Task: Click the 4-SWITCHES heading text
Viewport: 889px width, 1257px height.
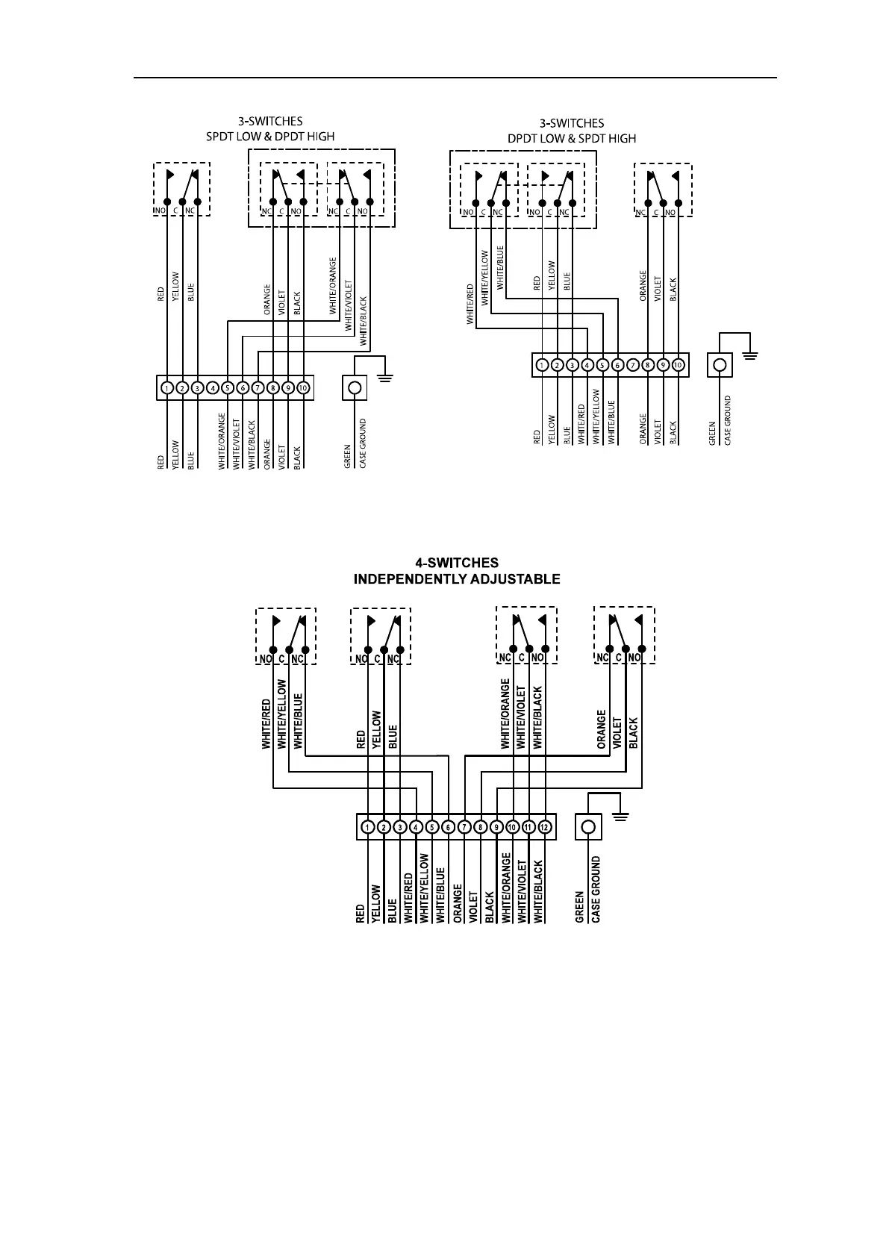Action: coord(456,563)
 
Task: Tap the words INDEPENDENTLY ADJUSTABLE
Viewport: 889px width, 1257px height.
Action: coord(456,579)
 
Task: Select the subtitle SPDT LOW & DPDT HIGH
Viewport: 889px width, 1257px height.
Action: coord(270,137)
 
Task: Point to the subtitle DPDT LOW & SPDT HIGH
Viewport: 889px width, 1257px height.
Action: coord(572,138)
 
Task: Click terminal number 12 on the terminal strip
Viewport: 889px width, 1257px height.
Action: coord(544,827)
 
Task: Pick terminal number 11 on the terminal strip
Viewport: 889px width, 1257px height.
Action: coord(528,827)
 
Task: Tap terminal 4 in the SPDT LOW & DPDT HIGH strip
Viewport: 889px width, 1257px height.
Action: coord(212,388)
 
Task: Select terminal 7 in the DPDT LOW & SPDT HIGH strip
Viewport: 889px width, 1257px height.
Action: coord(633,366)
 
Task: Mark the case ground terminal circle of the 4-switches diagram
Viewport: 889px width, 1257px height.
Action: coord(588,827)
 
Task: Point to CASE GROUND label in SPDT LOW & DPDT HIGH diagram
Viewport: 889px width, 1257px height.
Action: coord(363,444)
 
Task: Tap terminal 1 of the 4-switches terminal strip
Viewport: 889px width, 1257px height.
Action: coord(367,827)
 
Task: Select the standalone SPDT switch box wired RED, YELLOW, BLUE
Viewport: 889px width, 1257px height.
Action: coord(181,189)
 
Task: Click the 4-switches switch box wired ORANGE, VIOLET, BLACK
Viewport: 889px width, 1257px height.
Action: coord(624,635)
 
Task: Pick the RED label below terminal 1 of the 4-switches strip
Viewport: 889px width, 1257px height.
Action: coord(361,913)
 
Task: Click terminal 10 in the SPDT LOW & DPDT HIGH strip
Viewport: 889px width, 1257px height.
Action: coord(303,388)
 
